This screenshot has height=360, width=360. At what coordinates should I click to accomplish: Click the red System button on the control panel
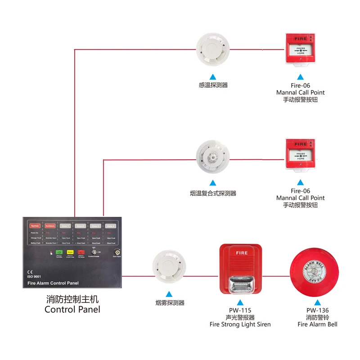[x=35, y=226]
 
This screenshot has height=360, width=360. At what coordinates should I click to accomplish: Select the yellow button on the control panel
[x=70, y=252]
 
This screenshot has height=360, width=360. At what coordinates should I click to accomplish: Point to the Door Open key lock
[x=118, y=253]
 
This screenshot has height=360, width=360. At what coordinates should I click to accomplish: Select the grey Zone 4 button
[x=111, y=226]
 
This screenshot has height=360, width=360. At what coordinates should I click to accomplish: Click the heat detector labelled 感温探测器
[x=213, y=49]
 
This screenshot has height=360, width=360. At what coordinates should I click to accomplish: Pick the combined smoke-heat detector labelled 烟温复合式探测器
[x=213, y=158]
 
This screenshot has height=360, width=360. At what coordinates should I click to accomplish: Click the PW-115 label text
[x=240, y=310]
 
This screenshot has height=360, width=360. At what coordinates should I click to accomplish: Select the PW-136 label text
[x=318, y=310]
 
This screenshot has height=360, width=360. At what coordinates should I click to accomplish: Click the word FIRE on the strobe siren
[x=242, y=253]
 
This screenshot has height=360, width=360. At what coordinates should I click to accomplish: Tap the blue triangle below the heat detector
[x=213, y=76]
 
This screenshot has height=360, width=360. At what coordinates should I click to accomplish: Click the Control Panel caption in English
[x=72, y=309]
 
